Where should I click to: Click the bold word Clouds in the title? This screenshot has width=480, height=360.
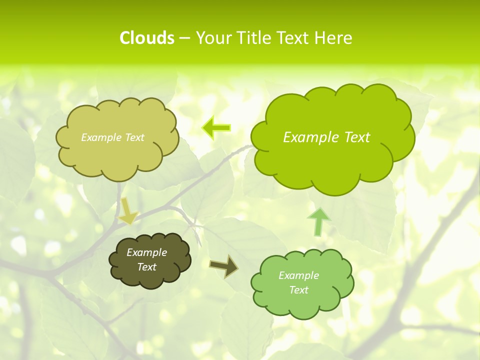[146, 38]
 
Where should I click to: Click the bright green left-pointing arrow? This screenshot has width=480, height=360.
[216, 127]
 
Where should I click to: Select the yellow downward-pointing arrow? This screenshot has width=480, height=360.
[127, 211]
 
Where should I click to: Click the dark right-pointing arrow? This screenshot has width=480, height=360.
[223, 266]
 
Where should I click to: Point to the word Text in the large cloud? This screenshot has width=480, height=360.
[357, 137]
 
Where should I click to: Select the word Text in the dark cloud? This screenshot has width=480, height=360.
[147, 267]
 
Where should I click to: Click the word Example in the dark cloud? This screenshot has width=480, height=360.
[147, 252]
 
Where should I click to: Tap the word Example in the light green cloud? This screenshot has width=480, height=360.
[298, 275]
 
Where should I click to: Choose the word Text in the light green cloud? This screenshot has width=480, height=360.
[298, 290]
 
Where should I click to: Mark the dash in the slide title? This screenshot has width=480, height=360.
[185, 38]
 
